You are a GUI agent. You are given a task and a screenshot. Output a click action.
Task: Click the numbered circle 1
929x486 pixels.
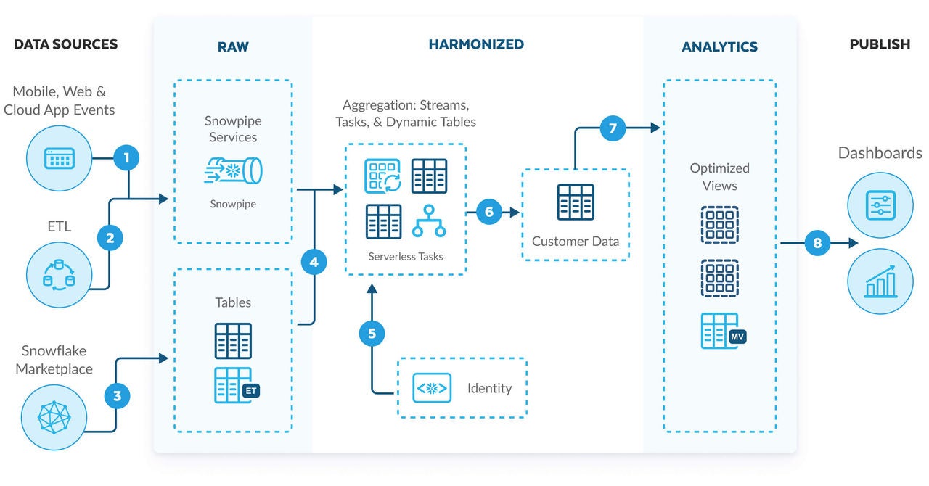(127, 157)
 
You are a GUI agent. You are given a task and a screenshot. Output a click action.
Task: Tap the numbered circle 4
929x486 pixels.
(314, 262)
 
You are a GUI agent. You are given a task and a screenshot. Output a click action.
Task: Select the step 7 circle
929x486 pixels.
(613, 128)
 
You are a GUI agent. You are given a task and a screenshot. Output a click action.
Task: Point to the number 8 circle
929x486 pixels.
(817, 243)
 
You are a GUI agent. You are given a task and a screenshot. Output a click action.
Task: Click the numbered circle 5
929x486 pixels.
(372, 333)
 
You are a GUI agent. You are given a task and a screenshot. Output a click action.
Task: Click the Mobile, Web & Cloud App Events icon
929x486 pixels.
(60, 157)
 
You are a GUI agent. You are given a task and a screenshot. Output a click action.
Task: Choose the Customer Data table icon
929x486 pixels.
(576, 202)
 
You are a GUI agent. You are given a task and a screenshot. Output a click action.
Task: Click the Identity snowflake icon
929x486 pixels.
(432, 388)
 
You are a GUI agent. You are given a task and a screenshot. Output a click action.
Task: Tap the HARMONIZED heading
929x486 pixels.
(476, 44)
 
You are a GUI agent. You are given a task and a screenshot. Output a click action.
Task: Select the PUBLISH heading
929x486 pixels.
(880, 44)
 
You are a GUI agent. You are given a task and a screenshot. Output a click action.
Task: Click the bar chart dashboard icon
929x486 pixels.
(880, 281)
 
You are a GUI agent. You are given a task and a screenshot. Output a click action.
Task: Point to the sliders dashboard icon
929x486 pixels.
(880, 205)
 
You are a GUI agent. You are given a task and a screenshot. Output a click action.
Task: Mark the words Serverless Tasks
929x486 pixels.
(406, 256)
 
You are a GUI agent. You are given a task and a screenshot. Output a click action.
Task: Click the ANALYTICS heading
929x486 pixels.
(719, 47)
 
